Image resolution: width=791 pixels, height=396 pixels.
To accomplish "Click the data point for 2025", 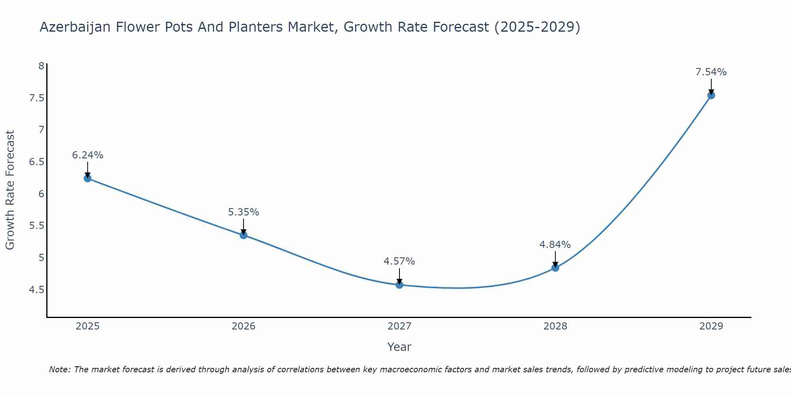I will [87, 178].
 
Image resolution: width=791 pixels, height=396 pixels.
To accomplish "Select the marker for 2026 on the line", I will [244, 235].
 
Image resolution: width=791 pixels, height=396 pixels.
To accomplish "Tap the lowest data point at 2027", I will [399, 285].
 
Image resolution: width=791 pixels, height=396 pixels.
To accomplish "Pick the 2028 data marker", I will [555, 268].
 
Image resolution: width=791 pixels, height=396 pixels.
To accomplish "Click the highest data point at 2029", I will [711, 95].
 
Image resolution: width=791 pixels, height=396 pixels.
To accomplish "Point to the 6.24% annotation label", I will [87, 155].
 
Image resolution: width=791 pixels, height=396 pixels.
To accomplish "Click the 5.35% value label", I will [244, 212].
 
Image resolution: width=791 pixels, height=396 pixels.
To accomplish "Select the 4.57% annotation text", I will [399, 261].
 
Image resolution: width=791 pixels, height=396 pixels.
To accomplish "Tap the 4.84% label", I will [555, 245].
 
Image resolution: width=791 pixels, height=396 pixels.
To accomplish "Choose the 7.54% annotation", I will [711, 72].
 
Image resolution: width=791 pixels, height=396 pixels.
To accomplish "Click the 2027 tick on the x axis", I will [399, 326].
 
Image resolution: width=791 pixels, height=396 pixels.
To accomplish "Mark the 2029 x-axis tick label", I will [711, 326].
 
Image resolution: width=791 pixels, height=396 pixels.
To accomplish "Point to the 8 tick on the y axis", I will [41, 66].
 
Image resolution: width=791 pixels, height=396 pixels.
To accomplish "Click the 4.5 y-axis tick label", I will [36, 290].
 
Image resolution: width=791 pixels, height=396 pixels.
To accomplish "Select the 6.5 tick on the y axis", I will [36, 162].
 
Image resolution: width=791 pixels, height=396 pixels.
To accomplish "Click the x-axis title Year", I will [399, 347].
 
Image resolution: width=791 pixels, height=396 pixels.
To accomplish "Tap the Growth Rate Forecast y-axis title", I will [10, 190].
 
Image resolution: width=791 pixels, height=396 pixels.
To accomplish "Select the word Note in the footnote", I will [60, 369].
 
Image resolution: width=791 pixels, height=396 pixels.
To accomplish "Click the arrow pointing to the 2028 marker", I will [555, 259].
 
